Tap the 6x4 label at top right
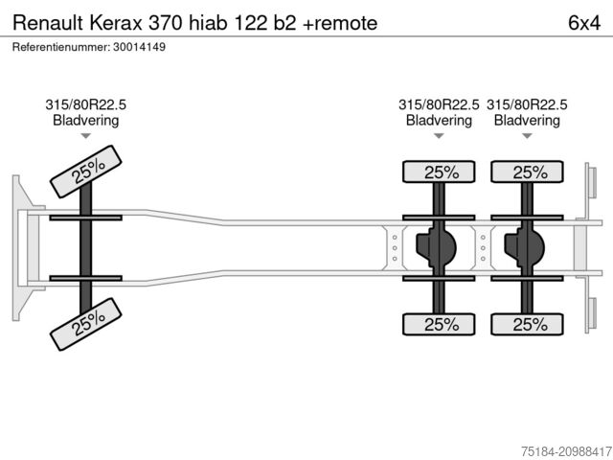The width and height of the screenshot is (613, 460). [584, 22]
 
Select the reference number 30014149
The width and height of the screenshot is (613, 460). [140, 47]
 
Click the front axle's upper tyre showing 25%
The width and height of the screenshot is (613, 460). [87, 172]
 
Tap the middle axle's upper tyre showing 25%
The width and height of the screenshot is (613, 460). [440, 172]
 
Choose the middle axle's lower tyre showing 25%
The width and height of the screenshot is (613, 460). [440, 325]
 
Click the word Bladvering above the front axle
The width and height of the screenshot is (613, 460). [86, 121]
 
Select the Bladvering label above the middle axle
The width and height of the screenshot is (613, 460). [440, 121]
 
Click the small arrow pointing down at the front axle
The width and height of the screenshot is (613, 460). [86, 136]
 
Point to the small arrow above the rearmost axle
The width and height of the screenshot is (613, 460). [528, 136]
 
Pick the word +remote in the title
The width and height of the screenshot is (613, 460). [341, 22]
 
